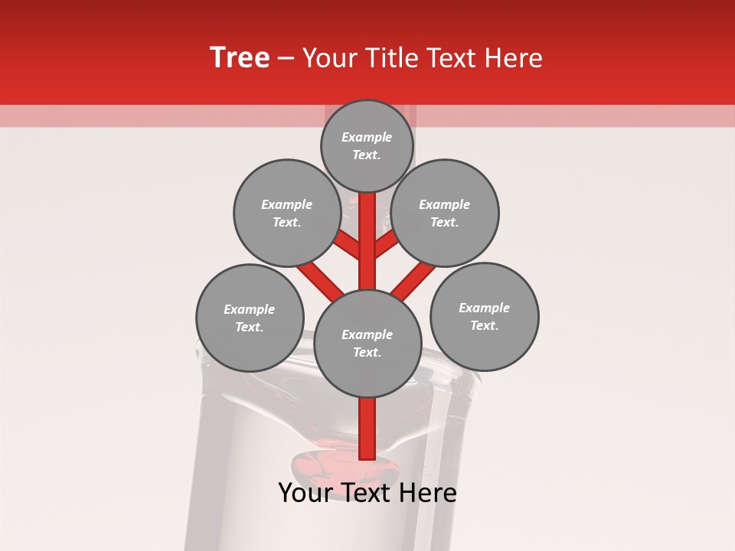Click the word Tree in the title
point(240,58)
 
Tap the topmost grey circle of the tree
point(367,145)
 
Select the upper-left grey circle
point(286,213)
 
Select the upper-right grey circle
point(444,213)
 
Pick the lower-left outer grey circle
point(250,318)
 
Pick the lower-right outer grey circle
point(484,316)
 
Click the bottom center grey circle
point(367,343)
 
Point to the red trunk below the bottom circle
point(367,429)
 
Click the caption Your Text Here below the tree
point(367,493)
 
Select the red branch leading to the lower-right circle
point(413,280)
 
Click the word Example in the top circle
point(367,138)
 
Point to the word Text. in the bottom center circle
point(367,352)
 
